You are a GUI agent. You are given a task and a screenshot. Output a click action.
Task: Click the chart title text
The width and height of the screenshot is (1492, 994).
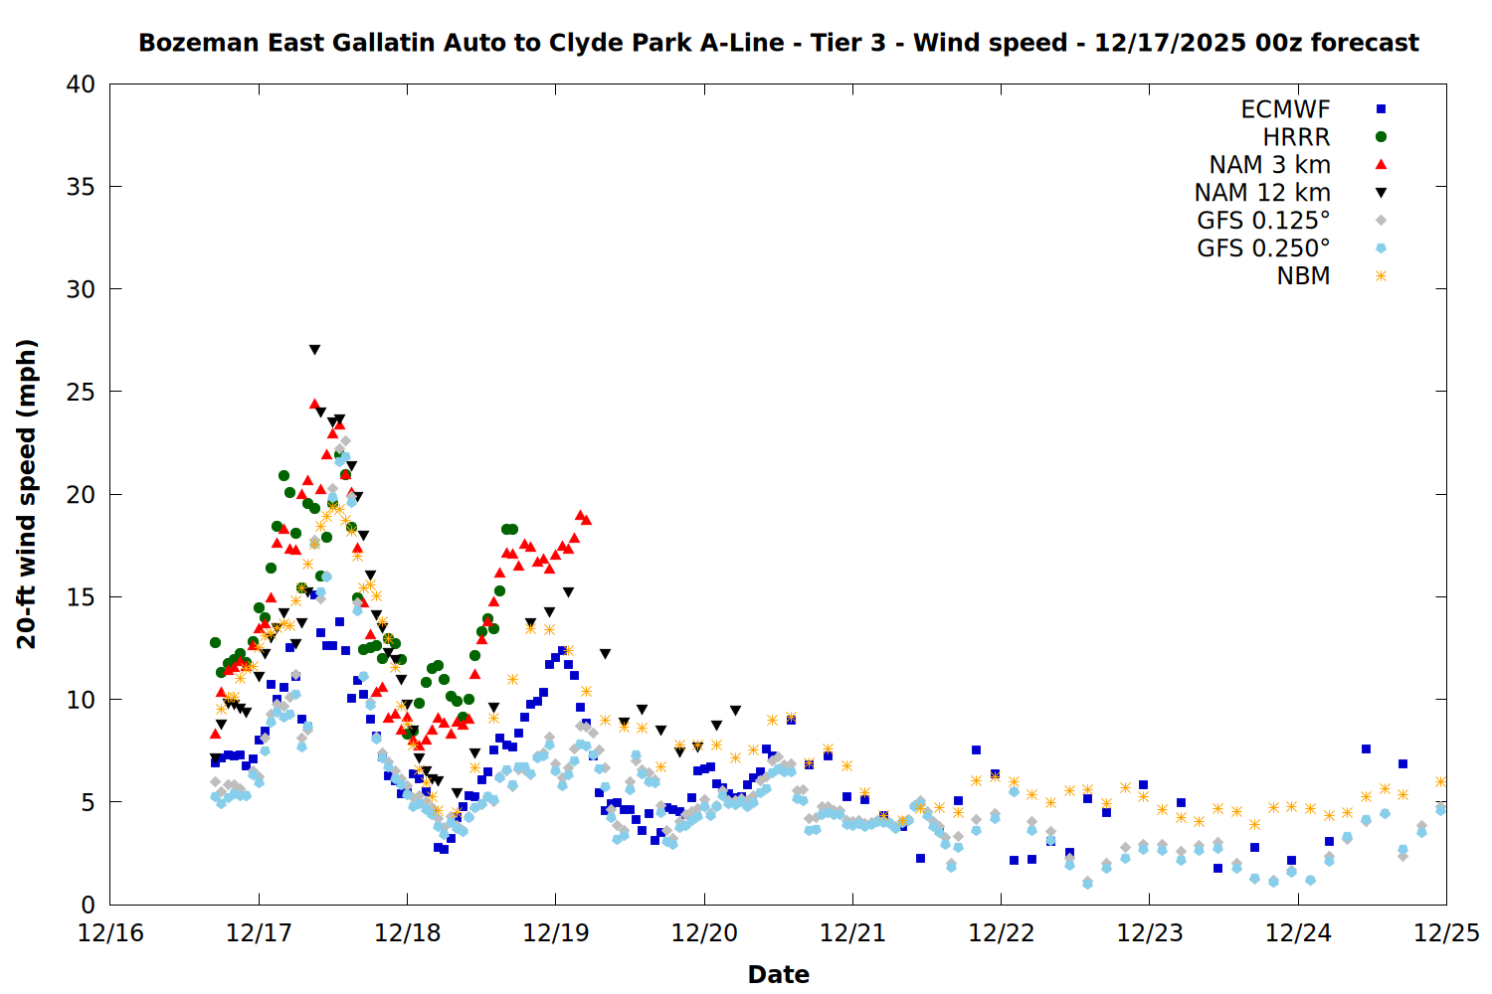pos(778,43)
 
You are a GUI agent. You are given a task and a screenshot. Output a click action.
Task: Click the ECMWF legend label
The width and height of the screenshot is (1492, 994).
pos(1285,109)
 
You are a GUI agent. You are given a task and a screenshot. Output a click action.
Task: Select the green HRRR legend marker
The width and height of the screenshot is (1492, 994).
pos(1381,137)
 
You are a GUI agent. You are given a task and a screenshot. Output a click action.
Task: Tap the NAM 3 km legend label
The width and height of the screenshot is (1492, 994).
pos(1269,165)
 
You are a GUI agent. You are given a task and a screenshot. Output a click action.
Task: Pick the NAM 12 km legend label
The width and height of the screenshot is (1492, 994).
pos(1262,193)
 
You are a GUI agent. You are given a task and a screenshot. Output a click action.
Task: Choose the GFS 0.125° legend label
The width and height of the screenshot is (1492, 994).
pos(1263,221)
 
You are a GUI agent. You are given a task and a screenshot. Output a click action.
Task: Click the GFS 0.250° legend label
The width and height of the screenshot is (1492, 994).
pos(1263,248)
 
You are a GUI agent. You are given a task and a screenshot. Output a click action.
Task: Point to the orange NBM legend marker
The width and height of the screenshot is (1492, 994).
pos(1381,276)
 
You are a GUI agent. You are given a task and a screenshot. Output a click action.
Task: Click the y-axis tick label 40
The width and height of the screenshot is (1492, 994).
pos(81,84)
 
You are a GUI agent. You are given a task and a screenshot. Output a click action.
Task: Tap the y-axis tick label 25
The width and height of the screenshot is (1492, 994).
pos(81,392)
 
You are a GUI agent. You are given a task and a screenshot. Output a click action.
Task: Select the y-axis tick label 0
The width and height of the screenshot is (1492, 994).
pos(88,905)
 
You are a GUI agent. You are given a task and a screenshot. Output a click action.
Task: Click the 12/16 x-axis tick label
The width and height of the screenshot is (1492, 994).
pos(110,933)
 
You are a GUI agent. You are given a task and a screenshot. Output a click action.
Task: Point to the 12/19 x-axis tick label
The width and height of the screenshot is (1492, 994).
pos(555,933)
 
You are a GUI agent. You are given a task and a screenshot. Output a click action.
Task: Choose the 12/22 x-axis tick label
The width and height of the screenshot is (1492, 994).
pos(1001,933)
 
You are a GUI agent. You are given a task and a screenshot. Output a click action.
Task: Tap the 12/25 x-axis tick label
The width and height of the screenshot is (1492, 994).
pos(1446,933)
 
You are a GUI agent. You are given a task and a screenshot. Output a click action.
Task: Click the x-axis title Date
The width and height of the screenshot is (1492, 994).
pos(778,974)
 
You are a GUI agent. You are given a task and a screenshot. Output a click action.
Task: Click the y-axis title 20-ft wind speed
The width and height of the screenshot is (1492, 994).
pos(27,494)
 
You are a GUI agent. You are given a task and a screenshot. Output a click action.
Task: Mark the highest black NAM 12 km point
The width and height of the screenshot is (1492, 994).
pos(314,350)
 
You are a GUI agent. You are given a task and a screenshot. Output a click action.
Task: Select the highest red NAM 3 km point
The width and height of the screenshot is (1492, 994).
pos(314,405)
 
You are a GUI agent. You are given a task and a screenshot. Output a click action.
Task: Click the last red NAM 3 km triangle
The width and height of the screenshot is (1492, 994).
pos(586,520)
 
